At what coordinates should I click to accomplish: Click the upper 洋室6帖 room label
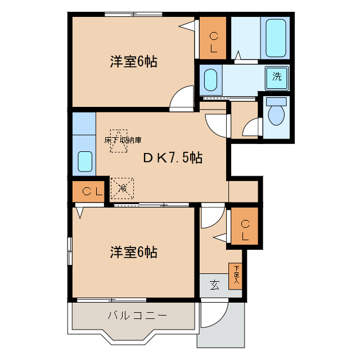(133, 62)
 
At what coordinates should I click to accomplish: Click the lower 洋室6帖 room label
(133, 252)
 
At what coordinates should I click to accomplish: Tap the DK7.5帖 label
(172, 158)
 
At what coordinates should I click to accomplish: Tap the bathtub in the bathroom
(276, 37)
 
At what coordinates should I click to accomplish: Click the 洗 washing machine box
(277, 77)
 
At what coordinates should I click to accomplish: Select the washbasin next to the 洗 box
(210, 79)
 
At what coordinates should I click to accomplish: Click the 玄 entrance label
(214, 285)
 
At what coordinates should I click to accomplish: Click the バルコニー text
(137, 316)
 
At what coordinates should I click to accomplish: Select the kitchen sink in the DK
(84, 162)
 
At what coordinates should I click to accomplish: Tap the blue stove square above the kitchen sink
(83, 123)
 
